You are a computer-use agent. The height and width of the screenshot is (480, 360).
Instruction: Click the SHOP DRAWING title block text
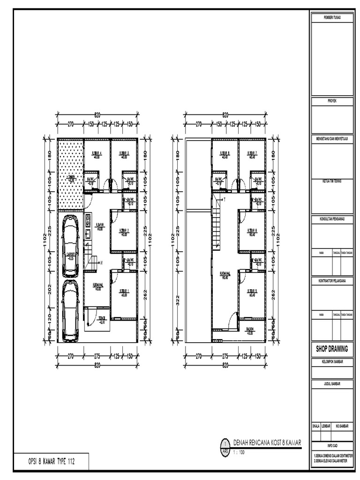click(x=332, y=348)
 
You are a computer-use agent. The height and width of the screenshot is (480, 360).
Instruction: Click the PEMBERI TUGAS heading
click(x=332, y=17)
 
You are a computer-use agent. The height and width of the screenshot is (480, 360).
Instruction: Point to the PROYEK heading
click(x=332, y=100)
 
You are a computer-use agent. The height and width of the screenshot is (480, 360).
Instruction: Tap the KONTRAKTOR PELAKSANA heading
click(x=332, y=280)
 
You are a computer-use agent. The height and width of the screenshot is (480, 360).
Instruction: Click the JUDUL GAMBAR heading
click(x=332, y=383)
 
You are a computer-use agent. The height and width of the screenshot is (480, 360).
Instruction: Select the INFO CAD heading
click(x=332, y=445)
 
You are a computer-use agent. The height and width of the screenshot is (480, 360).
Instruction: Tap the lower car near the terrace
click(x=70, y=309)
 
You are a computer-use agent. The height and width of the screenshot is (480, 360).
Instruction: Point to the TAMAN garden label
click(x=71, y=178)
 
